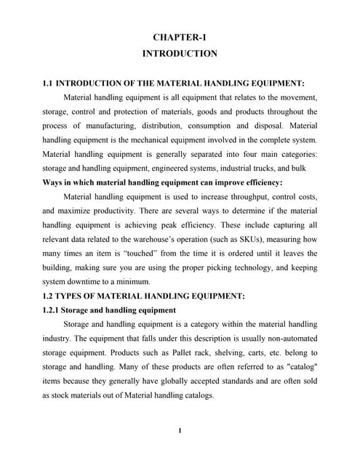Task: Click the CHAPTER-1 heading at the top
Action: click(x=180, y=37)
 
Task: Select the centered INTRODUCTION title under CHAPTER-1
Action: click(x=180, y=54)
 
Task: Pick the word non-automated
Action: click(x=284, y=338)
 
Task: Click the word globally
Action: click(x=178, y=381)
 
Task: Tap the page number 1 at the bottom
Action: click(x=180, y=430)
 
